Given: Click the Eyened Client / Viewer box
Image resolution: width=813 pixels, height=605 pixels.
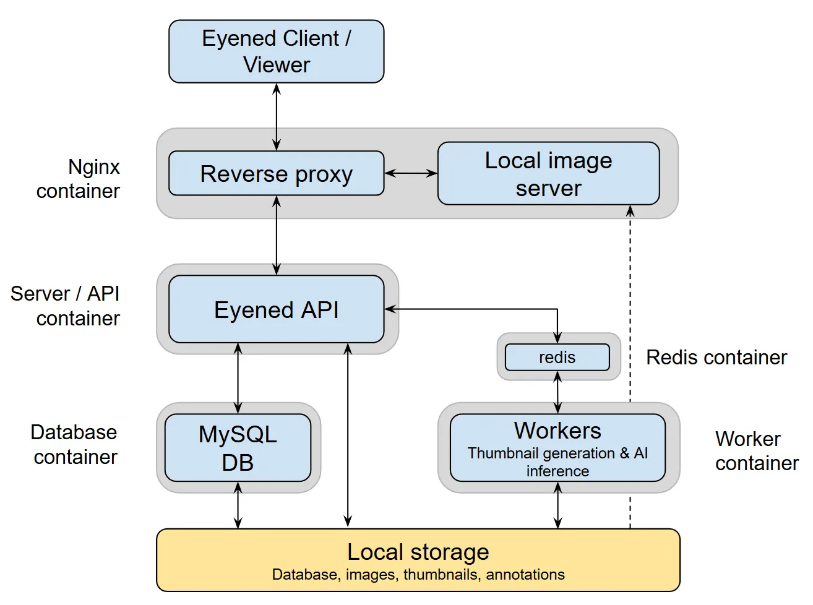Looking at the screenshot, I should [x=276, y=51].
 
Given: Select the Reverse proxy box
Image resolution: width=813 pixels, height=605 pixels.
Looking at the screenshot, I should [x=276, y=174].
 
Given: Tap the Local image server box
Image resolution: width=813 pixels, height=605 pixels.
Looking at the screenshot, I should [x=548, y=174].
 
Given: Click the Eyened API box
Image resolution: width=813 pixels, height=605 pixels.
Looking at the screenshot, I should [x=276, y=309].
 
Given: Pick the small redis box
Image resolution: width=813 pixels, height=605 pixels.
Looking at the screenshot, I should [x=557, y=358].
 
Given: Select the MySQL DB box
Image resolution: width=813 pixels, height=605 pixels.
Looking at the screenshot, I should [x=238, y=448].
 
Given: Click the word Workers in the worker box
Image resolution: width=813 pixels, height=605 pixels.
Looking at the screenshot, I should [x=557, y=431].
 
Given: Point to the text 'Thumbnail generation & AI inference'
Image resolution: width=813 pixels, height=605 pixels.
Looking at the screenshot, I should [x=557, y=462].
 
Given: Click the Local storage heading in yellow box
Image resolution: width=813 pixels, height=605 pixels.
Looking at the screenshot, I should [x=418, y=552].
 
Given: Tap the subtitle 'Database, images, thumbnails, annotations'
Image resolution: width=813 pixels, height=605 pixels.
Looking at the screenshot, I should [x=418, y=575].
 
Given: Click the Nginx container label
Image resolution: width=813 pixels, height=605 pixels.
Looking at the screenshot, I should [x=79, y=179].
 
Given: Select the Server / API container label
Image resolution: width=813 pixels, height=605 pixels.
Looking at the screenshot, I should [x=66, y=306].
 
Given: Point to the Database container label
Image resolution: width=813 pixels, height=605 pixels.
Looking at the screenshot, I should [x=74, y=444].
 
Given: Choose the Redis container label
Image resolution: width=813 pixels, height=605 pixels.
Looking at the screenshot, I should [x=716, y=358].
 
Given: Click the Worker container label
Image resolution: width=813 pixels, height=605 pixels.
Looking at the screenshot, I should [x=756, y=451].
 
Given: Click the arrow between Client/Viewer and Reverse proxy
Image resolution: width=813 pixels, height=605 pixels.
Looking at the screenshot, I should [x=277, y=117].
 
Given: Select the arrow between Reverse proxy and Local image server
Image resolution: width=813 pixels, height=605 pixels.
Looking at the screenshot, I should [x=411, y=174].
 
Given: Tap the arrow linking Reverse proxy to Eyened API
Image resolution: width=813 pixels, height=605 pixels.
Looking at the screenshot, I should [x=277, y=235].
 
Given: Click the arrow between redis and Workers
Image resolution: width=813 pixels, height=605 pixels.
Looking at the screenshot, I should [x=557, y=392].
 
